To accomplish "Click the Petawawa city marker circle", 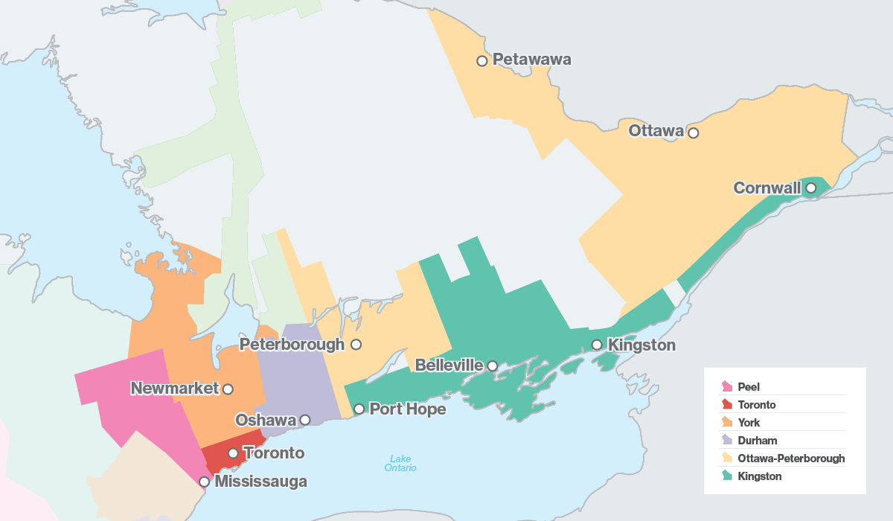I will click(x=482, y=61).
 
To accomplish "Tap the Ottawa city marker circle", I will click(x=694, y=133).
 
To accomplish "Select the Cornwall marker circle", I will click(x=810, y=188).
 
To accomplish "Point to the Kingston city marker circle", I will click(x=597, y=345).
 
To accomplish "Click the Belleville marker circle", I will click(x=492, y=365).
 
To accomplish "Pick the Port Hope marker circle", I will click(x=359, y=409).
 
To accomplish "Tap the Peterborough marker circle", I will click(x=356, y=345).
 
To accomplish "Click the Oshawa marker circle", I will click(x=304, y=420).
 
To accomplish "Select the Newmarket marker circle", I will click(x=228, y=389).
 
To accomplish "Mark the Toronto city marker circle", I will click(x=233, y=453).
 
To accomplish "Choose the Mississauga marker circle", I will click(x=204, y=482).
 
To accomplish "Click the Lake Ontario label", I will click(x=400, y=463).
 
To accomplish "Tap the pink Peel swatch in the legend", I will click(x=727, y=387).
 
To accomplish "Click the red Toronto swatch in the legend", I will click(x=727, y=405).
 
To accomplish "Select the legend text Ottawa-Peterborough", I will click(x=791, y=458).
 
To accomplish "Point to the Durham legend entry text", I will click(x=757, y=441).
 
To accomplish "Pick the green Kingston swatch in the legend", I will click(x=727, y=476).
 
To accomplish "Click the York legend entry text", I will click(x=749, y=423).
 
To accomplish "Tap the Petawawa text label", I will click(x=532, y=60).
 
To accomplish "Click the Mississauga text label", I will click(x=260, y=482).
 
